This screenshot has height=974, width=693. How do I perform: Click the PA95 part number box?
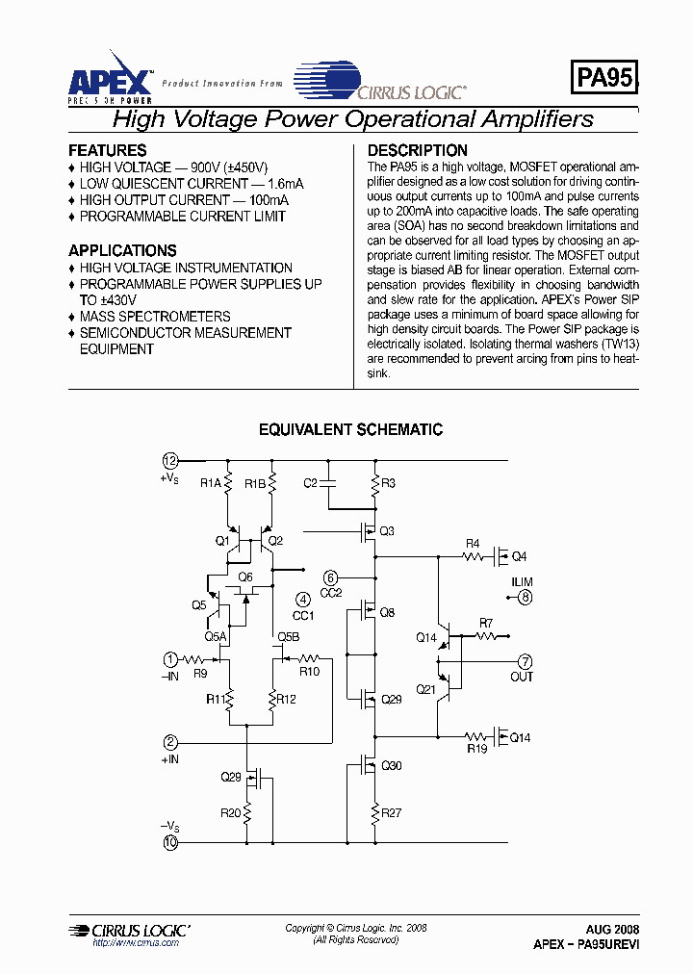[604, 78]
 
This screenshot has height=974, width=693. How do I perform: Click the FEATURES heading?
[107, 150]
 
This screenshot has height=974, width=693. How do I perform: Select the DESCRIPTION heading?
[417, 150]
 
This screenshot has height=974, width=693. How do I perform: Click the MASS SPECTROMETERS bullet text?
[154, 317]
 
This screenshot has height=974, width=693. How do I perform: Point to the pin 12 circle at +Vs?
[170, 459]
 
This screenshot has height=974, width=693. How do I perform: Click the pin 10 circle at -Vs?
[170, 843]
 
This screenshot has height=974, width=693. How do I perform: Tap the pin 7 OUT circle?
[526, 661]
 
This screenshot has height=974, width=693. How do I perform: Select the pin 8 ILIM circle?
[525, 598]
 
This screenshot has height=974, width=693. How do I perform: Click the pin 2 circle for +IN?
[170, 742]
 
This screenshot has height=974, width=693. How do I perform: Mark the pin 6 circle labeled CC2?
[330, 577]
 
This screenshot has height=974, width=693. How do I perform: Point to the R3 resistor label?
[388, 483]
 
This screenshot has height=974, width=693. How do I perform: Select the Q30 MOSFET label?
[392, 766]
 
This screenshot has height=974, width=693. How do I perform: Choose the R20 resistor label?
[229, 813]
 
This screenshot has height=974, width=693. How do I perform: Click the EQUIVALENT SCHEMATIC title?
[350, 430]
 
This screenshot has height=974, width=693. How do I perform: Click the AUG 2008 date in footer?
[612, 930]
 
